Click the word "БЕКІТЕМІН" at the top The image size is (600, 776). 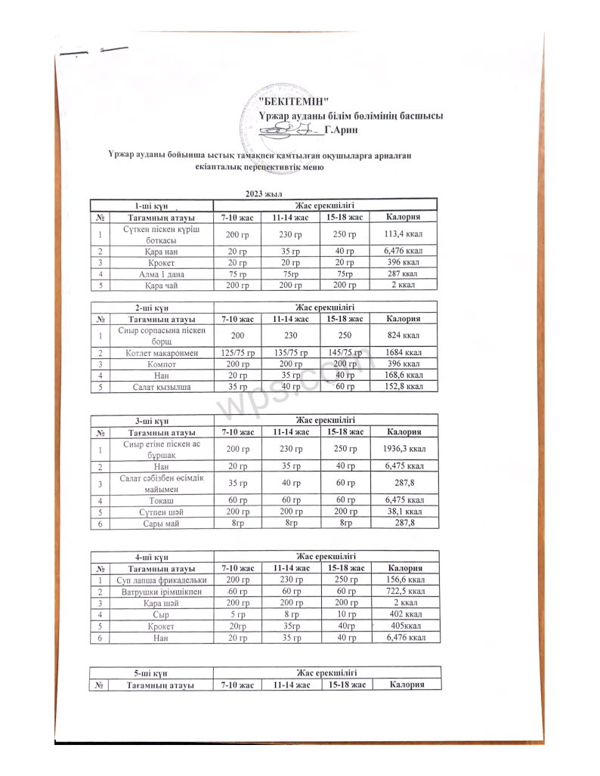click(294, 101)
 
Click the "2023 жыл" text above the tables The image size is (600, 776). click(259, 194)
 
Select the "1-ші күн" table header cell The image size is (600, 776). click(151, 205)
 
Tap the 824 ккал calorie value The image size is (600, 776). click(403, 335)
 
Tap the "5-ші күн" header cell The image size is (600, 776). click(151, 672)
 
